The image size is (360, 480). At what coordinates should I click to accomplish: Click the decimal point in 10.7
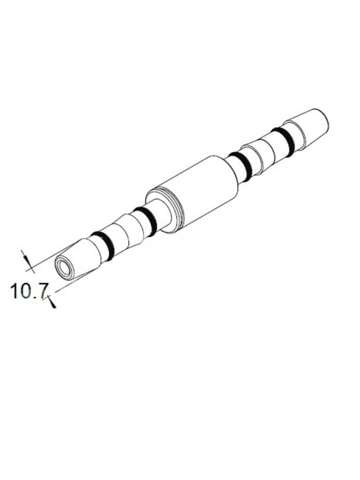35,298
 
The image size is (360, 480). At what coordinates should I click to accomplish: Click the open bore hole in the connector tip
63,267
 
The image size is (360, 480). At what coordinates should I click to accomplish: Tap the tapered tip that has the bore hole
76,259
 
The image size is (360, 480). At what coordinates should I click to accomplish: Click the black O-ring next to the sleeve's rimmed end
145,220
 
